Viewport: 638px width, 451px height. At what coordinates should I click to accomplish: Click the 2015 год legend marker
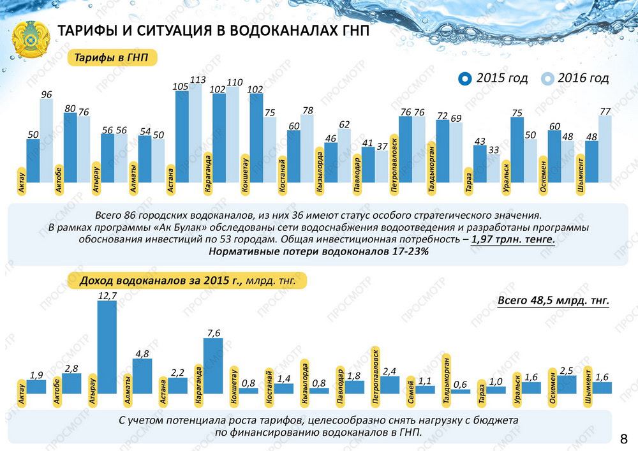click(x=465, y=78)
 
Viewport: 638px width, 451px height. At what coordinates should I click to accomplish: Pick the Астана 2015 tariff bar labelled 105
click(x=182, y=137)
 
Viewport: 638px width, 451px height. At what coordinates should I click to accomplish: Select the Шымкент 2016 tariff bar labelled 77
click(x=605, y=149)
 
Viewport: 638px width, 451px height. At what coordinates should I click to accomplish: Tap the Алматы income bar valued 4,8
click(x=142, y=376)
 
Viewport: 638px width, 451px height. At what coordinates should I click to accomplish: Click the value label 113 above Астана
click(x=197, y=80)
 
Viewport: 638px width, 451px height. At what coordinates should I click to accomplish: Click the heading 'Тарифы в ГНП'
click(x=112, y=58)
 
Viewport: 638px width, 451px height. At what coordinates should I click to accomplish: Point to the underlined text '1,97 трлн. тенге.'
click(x=513, y=240)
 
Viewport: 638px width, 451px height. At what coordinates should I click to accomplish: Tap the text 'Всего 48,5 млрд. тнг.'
click(x=553, y=300)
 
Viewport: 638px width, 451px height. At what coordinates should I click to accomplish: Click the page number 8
click(x=623, y=438)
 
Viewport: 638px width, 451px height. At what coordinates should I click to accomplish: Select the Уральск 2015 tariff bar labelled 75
click(x=517, y=150)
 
